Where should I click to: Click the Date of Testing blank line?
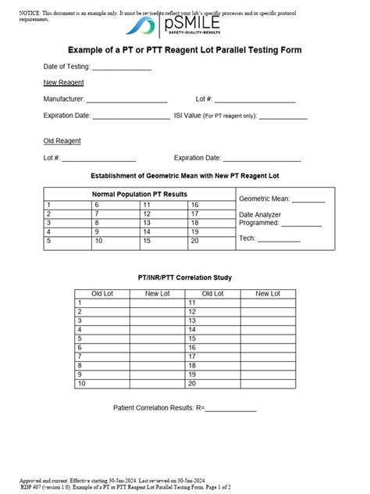[122, 67]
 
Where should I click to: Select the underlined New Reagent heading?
[64, 83]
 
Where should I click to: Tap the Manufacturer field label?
[63, 99]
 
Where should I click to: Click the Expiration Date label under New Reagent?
[67, 116]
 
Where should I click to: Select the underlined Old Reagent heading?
[62, 141]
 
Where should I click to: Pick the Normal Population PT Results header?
[140, 194]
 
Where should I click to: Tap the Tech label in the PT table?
[247, 238]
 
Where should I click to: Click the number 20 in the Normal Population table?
[194, 242]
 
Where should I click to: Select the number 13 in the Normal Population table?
[146, 223]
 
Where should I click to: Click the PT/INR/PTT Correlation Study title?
[185, 277]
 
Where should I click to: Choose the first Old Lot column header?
[102, 294]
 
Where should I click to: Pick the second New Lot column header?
[268, 294]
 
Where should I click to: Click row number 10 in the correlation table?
[80, 384]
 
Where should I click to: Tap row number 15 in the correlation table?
[192, 338]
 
